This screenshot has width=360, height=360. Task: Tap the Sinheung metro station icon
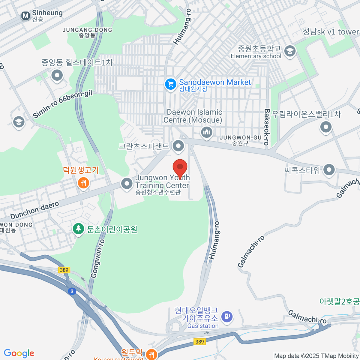[26, 16]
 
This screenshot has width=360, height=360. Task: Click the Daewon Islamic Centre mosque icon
[206, 132]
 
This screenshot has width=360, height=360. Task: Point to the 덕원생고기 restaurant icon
[83, 182]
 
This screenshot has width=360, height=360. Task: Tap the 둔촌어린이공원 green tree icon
[78, 229]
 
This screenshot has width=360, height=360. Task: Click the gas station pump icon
[227, 316]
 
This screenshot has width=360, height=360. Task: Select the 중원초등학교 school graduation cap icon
[290, 51]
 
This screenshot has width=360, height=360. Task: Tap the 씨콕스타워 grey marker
[329, 170]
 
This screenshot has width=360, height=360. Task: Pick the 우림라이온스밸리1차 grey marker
[325, 127]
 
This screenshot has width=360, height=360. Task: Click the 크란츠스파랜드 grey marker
[179, 146]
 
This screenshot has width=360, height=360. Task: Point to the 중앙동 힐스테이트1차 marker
[57, 75]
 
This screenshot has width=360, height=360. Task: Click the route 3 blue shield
[72, 291]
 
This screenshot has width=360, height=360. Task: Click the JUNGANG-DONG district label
[87, 30]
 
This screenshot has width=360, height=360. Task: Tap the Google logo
[19, 353]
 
